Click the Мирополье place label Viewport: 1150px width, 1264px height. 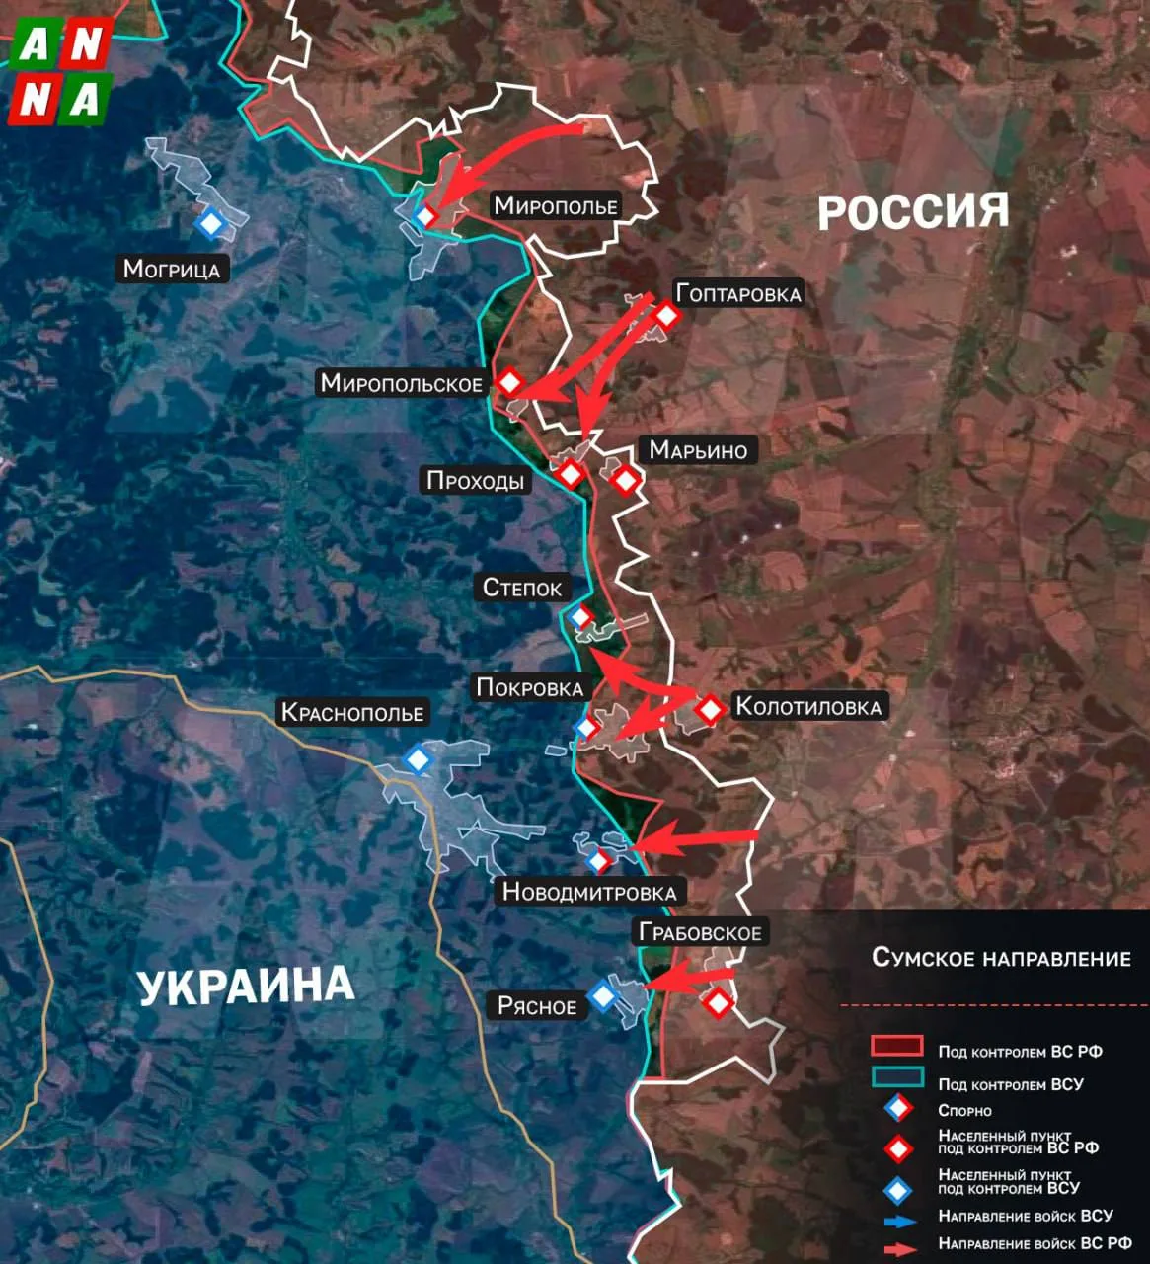(556, 205)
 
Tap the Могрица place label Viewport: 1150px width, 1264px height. (172, 269)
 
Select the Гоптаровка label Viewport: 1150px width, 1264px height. (738, 293)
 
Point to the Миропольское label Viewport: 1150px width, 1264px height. (402, 383)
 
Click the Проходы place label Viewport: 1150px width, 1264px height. (475, 481)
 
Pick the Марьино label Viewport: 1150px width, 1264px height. (698, 450)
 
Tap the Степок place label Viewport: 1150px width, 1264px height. (522, 588)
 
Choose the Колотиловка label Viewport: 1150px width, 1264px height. (808, 706)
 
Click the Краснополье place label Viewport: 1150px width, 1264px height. (352, 712)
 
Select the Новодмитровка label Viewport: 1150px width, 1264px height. (589, 892)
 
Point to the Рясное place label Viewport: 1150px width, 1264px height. (537, 1006)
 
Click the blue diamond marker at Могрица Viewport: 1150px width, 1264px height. (210, 224)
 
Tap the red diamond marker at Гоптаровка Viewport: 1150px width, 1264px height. (666, 316)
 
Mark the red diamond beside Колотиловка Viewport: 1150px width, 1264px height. (710, 708)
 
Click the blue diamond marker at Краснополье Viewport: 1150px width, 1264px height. (418, 759)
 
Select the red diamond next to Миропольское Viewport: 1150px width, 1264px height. (509, 382)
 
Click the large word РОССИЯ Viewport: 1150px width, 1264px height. (913, 211)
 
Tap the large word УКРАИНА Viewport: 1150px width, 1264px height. (245, 987)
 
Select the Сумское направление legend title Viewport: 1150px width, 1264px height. (1001, 958)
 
